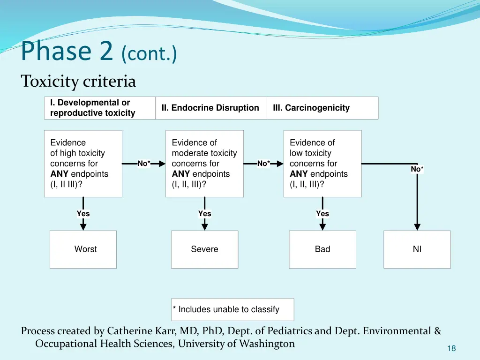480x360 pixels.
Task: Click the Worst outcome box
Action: [x=83, y=249]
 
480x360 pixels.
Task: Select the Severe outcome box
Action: [x=204, y=249]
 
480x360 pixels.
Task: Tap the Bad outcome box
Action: [x=322, y=249]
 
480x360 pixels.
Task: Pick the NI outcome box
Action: [x=417, y=249]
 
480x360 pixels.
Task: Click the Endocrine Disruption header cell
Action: [x=210, y=108]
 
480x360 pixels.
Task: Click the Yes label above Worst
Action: [x=83, y=214]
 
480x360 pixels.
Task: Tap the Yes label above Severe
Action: [x=205, y=214]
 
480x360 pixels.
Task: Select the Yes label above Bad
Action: [x=322, y=214]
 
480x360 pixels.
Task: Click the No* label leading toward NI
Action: [x=417, y=169]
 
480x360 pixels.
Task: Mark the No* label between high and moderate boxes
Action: [x=144, y=164]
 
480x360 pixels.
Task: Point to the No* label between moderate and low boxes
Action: [x=264, y=164]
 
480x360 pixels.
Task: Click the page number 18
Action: [x=451, y=348]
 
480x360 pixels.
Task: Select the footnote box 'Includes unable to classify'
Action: [x=232, y=309]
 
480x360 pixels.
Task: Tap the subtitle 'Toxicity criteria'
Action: [x=78, y=82]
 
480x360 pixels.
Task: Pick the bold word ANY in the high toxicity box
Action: [x=60, y=174]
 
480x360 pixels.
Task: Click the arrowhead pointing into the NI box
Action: [x=417, y=227]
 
